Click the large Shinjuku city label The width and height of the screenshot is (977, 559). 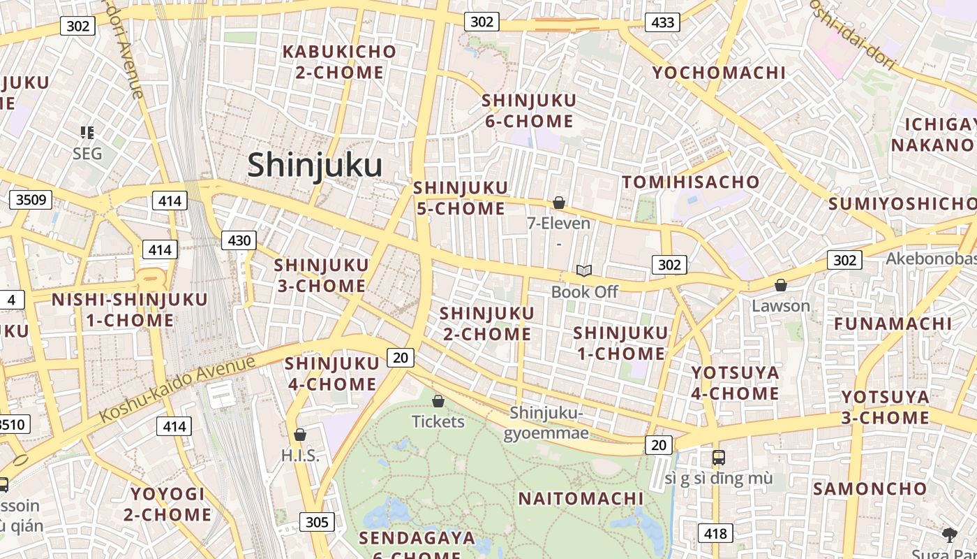point(315,166)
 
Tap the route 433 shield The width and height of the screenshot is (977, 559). point(662,22)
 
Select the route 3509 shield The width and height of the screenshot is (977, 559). point(31,200)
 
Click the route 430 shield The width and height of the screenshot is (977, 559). point(239,240)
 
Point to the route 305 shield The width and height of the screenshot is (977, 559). point(317,522)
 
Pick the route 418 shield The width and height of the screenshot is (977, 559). point(715,534)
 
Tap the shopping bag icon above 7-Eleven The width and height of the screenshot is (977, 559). point(558,203)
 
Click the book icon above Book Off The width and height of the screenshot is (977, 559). point(584,270)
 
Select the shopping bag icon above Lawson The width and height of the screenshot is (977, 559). point(781,285)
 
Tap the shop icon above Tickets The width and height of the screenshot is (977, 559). point(438,401)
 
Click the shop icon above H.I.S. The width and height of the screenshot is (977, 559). point(300,435)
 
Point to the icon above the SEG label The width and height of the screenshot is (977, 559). point(87,132)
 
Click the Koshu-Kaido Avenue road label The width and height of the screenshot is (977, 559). point(177,389)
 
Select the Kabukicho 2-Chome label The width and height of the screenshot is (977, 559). point(339,61)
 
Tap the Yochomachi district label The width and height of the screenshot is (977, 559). point(719,73)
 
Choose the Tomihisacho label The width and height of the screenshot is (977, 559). point(691,182)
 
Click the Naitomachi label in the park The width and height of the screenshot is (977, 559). point(581,498)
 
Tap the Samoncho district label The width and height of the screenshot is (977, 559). point(870,488)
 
